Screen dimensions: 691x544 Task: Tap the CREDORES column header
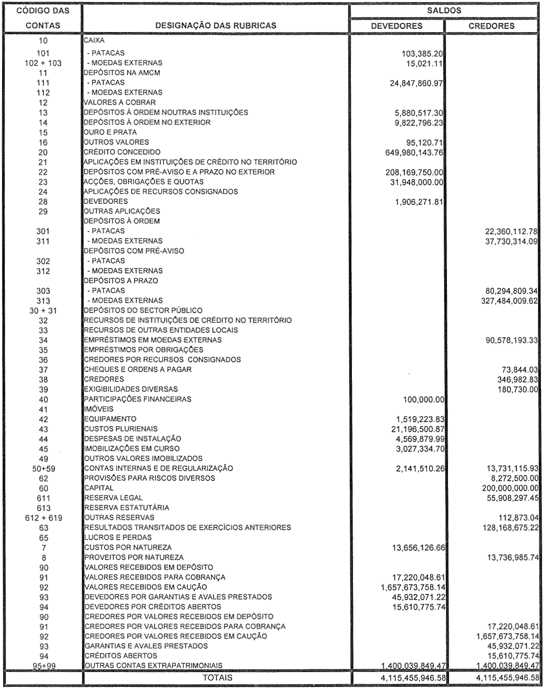point(492,25)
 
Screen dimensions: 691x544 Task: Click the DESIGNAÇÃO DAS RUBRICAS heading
point(214,25)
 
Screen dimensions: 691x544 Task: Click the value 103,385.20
point(423,53)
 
